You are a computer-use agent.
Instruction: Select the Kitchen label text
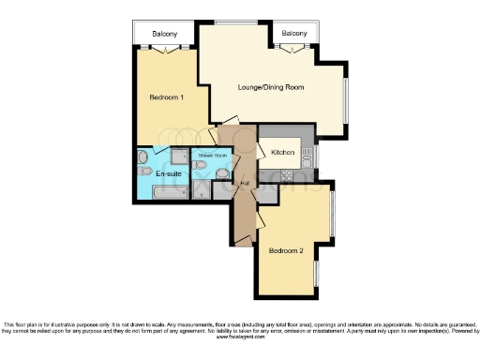(x=283, y=152)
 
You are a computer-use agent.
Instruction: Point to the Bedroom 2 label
(x=286, y=251)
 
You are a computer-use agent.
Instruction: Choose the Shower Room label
(x=212, y=155)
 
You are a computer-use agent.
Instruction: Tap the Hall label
(x=244, y=181)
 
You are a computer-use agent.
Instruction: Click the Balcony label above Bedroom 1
(x=165, y=35)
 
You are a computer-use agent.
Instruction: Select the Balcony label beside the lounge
(x=293, y=35)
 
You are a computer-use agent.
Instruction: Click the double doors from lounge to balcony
(x=293, y=47)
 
